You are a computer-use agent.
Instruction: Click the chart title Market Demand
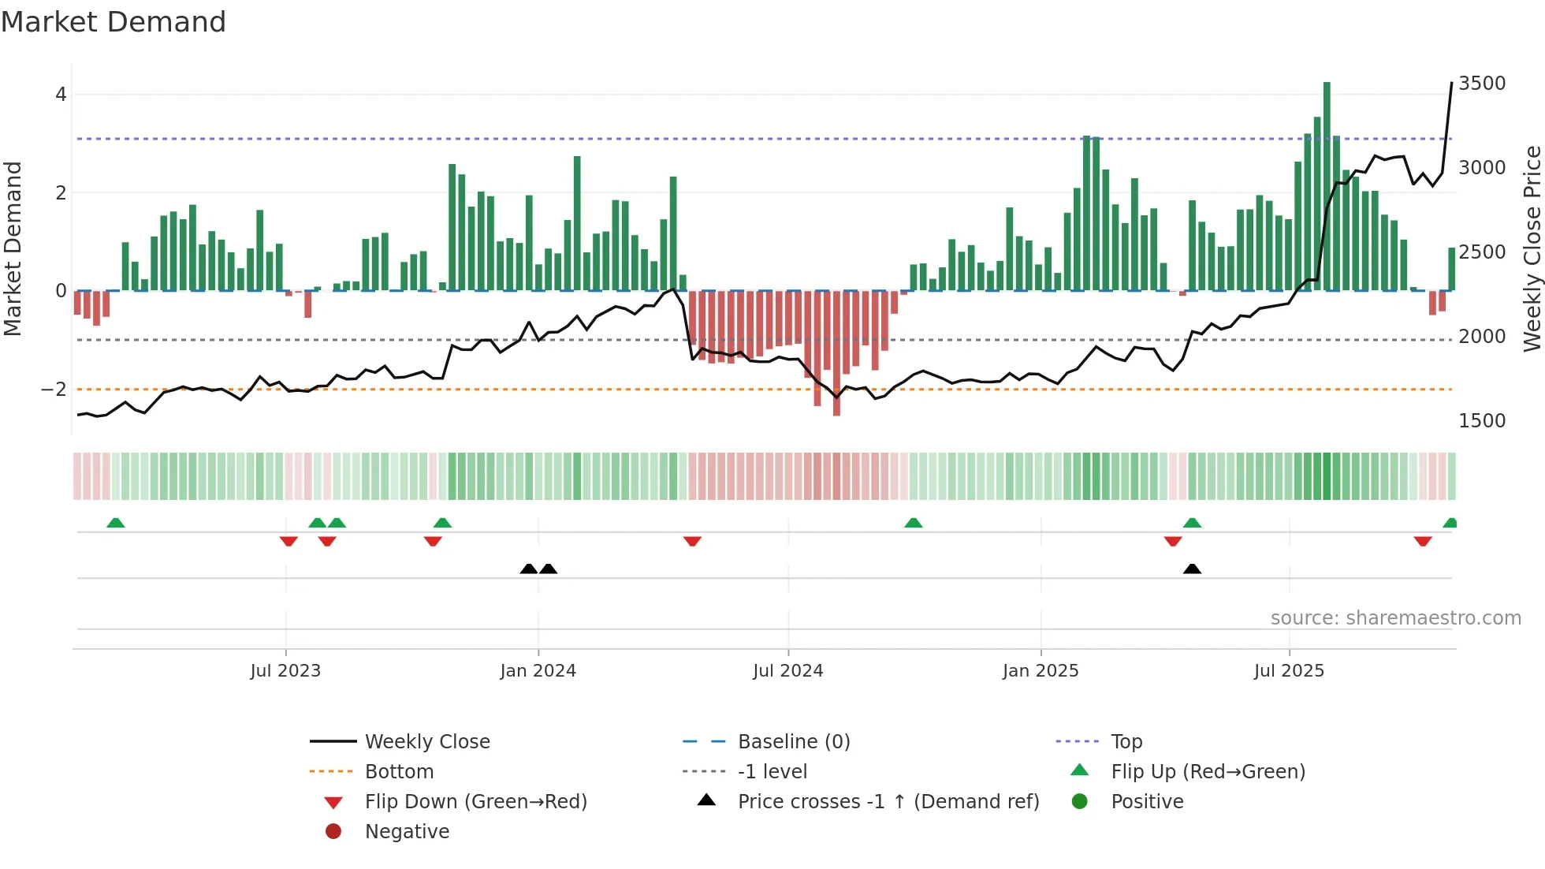click(x=114, y=22)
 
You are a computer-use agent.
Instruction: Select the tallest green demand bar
click(x=1327, y=186)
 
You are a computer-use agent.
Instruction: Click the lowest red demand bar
click(x=836, y=352)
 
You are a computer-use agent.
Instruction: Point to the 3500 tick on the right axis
click(x=1481, y=84)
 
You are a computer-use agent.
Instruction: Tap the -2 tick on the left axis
click(x=54, y=390)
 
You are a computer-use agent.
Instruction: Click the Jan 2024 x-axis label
click(x=538, y=671)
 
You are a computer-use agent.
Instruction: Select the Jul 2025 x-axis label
click(x=1289, y=671)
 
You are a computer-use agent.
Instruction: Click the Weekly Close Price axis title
click(x=1532, y=248)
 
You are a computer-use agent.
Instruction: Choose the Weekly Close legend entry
click(x=426, y=742)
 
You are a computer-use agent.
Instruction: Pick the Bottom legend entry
click(x=399, y=772)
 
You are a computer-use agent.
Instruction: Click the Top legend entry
click(x=1126, y=742)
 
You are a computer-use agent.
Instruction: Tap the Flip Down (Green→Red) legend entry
click(x=475, y=802)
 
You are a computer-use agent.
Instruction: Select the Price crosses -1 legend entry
click(x=888, y=802)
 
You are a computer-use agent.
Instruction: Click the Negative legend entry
click(x=407, y=832)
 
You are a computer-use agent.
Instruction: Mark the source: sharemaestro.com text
click(x=1395, y=618)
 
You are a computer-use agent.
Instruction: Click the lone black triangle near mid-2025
click(x=1192, y=569)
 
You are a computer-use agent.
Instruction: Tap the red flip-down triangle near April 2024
click(x=692, y=541)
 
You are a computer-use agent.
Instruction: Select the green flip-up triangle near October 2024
click(x=913, y=523)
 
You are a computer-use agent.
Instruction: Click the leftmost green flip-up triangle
click(x=116, y=523)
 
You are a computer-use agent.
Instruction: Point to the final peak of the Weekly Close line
click(x=1451, y=83)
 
